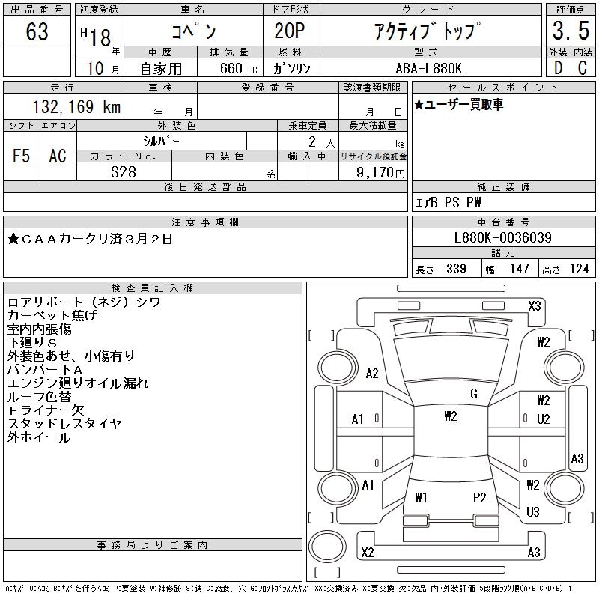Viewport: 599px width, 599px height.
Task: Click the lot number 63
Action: point(37,32)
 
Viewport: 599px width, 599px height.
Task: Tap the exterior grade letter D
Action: point(558,67)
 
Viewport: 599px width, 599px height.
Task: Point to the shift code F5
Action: point(22,156)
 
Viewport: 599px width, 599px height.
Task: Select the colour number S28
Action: point(124,171)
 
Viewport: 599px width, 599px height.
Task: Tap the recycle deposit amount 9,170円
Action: point(382,172)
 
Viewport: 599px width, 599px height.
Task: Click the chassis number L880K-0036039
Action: point(503,238)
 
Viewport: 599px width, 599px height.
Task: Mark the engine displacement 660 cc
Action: point(231,68)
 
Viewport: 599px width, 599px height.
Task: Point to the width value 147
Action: point(519,269)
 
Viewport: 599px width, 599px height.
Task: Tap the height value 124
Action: point(579,269)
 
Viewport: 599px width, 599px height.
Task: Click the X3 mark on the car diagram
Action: point(534,305)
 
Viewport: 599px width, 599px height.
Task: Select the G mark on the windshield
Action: point(474,394)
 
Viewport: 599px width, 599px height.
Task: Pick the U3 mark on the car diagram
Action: point(533,512)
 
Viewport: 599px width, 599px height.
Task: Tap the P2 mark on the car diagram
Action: point(480,497)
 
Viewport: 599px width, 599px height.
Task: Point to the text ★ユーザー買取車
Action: point(458,105)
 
